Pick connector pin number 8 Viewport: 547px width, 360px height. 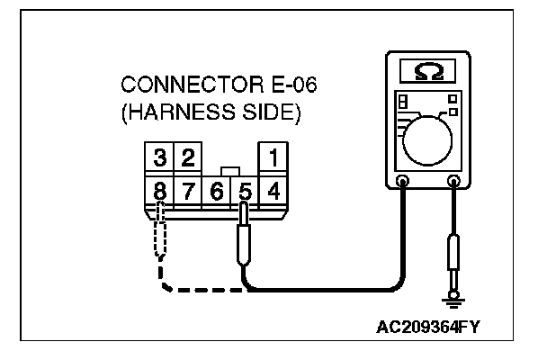pos(159,190)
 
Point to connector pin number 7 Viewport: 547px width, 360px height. pos(187,190)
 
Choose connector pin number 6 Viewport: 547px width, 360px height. pos(216,190)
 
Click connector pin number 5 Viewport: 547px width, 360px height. pos(244,190)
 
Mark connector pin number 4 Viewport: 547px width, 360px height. pos(273,190)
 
